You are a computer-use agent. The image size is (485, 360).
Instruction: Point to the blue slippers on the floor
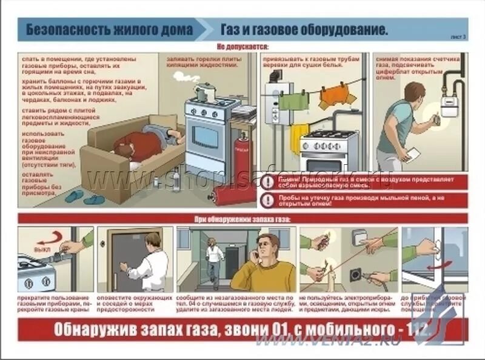85,198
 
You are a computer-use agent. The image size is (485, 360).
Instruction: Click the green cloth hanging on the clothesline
293,99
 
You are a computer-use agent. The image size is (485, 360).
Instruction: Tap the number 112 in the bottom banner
417,330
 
